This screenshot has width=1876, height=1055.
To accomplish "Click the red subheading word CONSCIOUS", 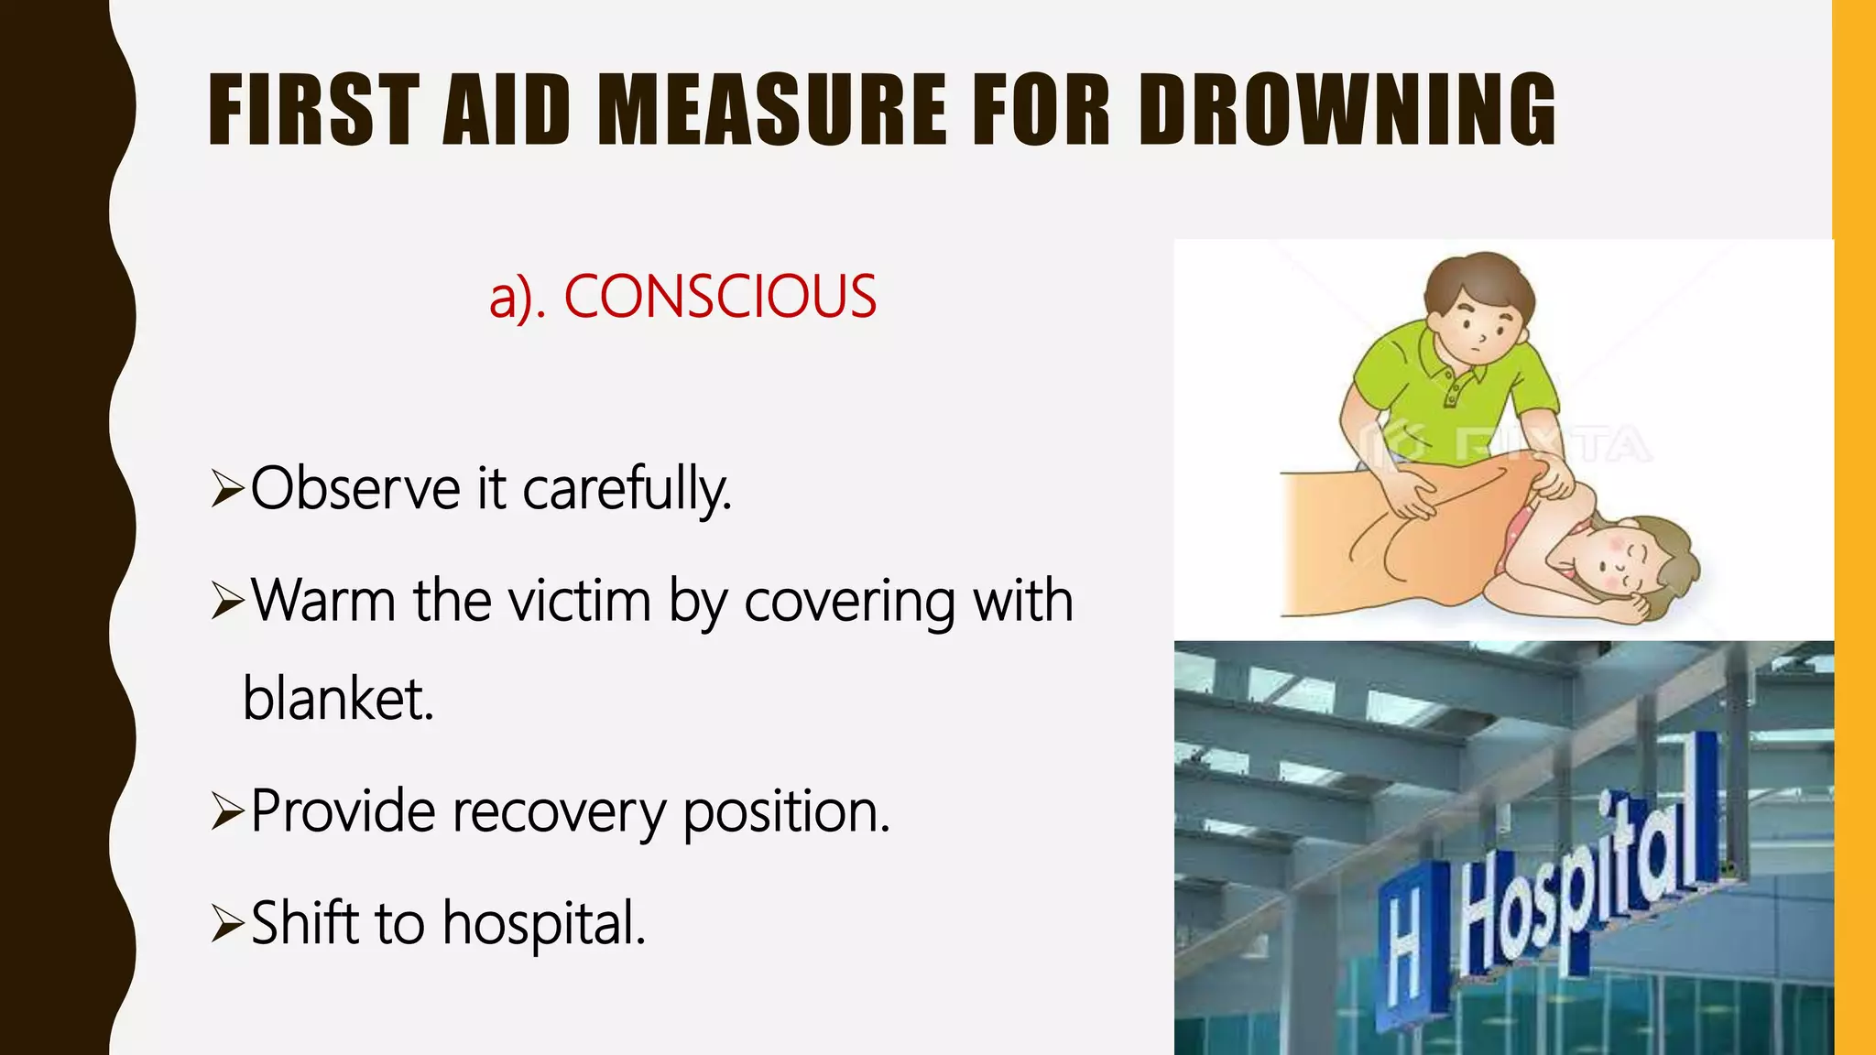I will point(720,297).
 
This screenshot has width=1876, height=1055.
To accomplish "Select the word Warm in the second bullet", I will point(323,601).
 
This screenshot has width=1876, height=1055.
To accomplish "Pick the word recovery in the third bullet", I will point(559,812).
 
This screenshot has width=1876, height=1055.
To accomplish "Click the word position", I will point(786,812).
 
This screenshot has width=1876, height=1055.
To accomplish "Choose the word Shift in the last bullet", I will point(304,922).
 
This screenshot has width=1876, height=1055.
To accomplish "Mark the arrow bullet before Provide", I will point(226,811).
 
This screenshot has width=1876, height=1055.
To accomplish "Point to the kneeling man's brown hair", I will point(1478,279).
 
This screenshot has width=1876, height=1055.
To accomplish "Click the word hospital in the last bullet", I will point(544,924).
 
